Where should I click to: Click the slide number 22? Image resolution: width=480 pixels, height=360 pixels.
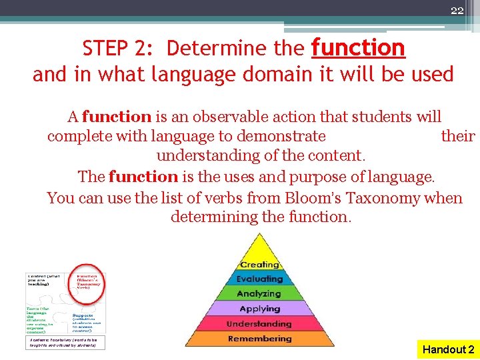[457, 10]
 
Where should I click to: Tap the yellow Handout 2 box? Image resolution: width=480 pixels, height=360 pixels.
[448, 349]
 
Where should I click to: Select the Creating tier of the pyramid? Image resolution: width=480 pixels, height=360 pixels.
[259, 265]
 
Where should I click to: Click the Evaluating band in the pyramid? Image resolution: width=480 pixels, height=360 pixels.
[259, 279]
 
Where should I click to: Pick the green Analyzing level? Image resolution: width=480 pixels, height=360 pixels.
[259, 294]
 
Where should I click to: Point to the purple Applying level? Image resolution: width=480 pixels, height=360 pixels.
[259, 309]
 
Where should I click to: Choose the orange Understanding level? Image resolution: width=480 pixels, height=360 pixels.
[259, 324]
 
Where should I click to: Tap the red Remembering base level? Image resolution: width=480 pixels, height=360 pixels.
[259, 339]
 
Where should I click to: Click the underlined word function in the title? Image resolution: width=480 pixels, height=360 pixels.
[358, 48]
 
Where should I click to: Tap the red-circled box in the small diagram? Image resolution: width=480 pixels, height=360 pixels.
[88, 283]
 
